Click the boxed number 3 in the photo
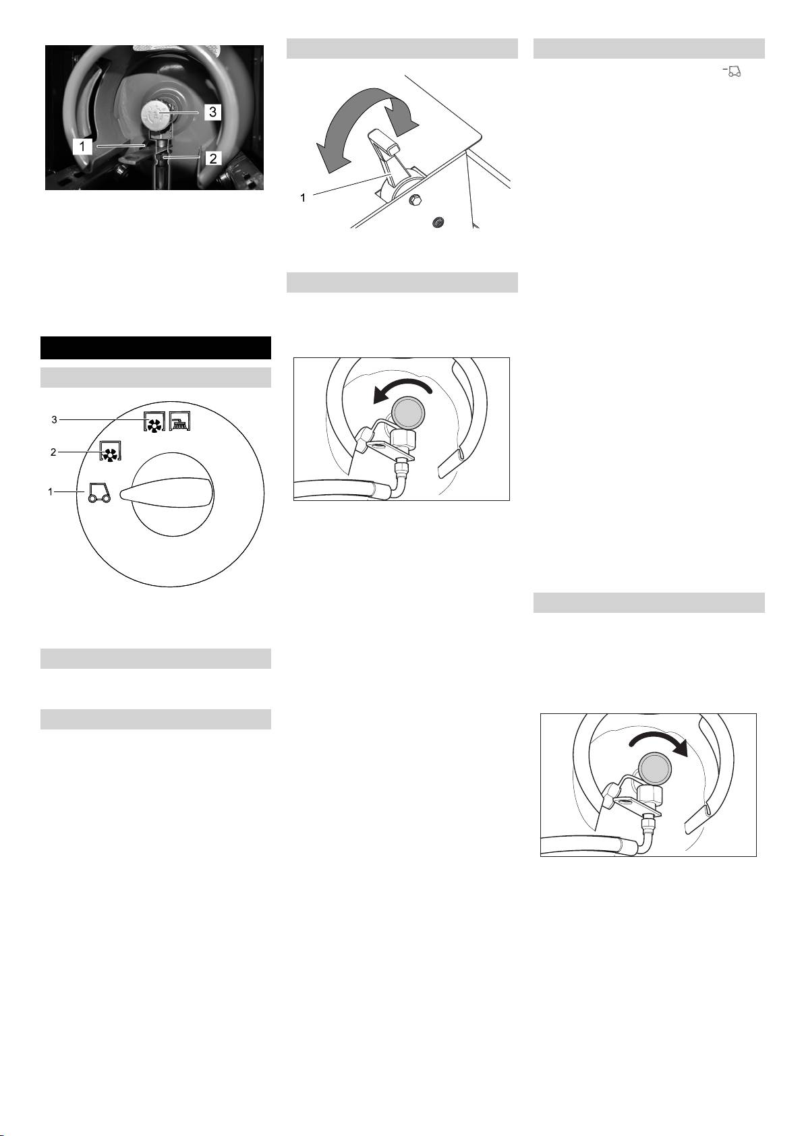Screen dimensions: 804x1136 coord(212,111)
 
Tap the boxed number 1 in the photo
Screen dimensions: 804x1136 coord(82,147)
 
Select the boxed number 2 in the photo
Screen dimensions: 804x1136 coord(213,158)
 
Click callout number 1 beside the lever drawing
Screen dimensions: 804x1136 coord(303,198)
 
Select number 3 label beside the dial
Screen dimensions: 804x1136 coord(54,420)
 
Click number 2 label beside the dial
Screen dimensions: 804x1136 coord(53,452)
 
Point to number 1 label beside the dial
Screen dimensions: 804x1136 coord(50,491)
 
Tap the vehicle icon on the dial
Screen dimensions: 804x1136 coord(99,492)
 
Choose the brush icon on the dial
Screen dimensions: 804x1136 coord(179,421)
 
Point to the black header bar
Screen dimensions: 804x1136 coord(156,348)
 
